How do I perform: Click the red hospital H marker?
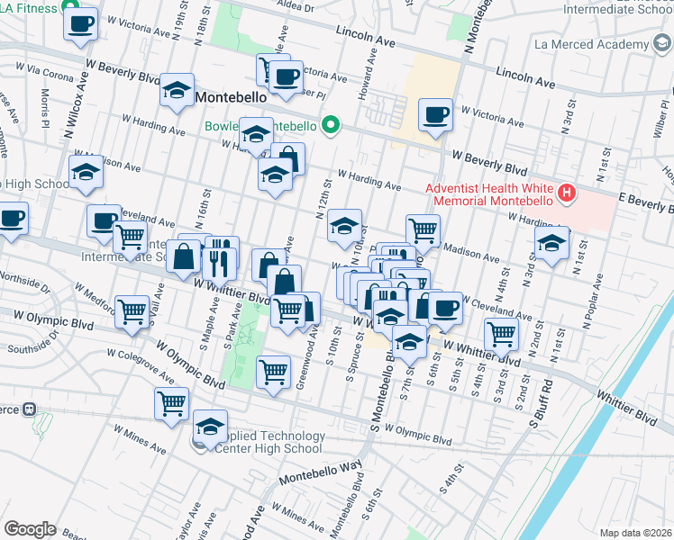[x=567, y=192]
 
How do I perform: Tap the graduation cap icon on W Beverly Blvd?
[x=178, y=91]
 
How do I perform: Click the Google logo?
[x=30, y=529]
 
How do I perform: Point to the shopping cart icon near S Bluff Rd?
[x=501, y=335]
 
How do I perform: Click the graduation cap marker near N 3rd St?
[x=552, y=243]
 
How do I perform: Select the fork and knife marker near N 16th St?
[x=221, y=259]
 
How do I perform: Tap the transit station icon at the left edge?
[x=29, y=409]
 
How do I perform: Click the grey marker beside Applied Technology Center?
[x=199, y=443]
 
